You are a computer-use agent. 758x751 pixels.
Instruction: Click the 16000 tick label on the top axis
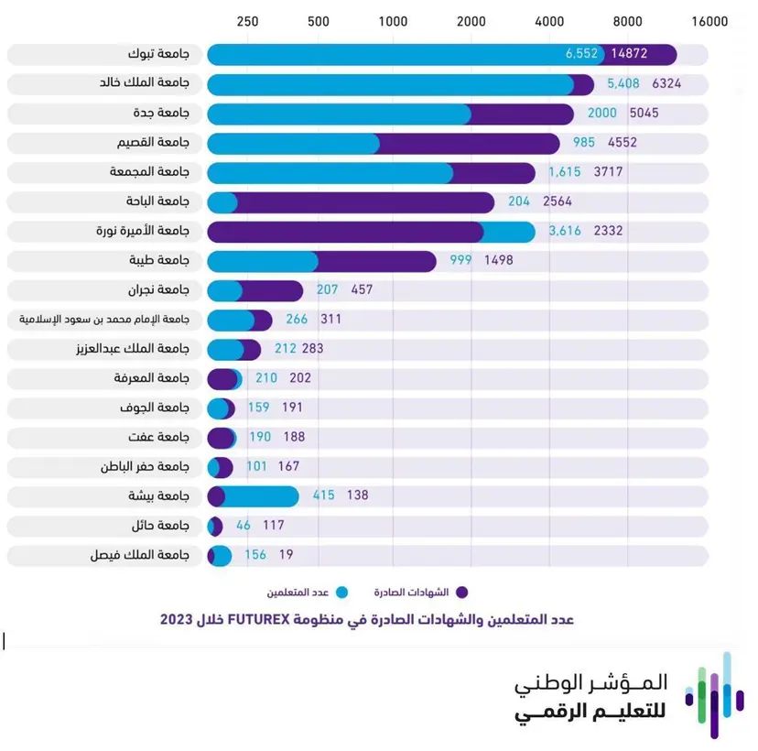pyautogui.click(x=709, y=21)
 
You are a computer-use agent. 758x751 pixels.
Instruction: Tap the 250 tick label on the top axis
pyautogui.click(x=247, y=21)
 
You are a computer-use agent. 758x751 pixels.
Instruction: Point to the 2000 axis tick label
pyautogui.click(x=471, y=21)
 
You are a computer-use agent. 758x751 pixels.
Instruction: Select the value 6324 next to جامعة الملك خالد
pyautogui.click(x=666, y=83)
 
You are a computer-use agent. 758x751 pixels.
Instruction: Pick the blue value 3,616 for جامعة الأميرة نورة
pyautogui.click(x=565, y=231)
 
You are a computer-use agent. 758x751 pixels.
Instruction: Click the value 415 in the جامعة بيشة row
pyautogui.click(x=324, y=495)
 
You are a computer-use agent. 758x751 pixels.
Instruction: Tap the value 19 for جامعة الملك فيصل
pyautogui.click(x=287, y=554)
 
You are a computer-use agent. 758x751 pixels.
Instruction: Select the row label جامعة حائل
pyautogui.click(x=160, y=526)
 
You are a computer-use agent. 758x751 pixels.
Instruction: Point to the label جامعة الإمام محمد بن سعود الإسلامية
pyautogui.click(x=104, y=320)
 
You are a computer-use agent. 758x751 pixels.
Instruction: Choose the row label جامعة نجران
pyautogui.click(x=158, y=290)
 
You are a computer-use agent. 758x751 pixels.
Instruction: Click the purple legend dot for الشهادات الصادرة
pyautogui.click(x=461, y=592)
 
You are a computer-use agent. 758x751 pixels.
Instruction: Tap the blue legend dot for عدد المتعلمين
pyautogui.click(x=342, y=592)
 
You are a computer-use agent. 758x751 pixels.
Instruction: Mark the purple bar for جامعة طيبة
pyautogui.click(x=376, y=261)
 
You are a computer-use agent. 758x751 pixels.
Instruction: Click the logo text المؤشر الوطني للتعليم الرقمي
pyautogui.click(x=591, y=698)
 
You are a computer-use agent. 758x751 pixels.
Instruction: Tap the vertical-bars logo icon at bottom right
pyautogui.click(x=714, y=695)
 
